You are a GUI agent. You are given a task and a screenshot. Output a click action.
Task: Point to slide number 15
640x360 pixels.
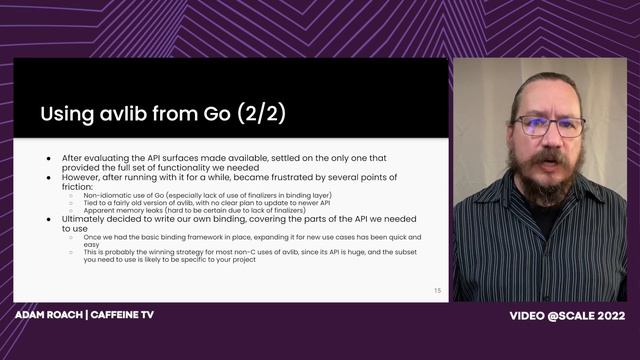(437, 290)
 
